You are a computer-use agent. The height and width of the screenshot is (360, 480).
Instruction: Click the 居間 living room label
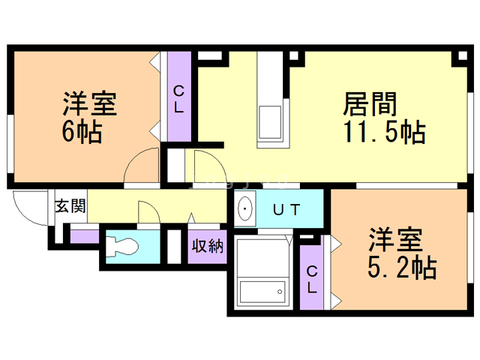pyautogui.click(x=370, y=104)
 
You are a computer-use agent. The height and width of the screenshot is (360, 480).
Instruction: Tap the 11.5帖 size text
pyautogui.click(x=385, y=132)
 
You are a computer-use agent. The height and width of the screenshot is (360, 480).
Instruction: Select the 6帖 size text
pyautogui.click(x=82, y=132)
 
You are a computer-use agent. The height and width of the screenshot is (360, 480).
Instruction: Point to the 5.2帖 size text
pyautogui.click(x=402, y=267)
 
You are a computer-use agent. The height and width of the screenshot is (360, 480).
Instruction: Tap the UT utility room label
pyautogui.click(x=286, y=210)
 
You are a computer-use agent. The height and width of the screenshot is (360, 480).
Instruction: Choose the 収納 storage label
pyautogui.click(x=208, y=246)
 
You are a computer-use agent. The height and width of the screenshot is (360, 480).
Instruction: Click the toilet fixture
pyautogui.click(x=121, y=247)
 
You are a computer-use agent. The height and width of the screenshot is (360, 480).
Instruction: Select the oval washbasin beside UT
pyautogui.click(x=245, y=208)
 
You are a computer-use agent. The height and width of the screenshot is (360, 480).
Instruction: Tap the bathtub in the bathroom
pyautogui.click(x=262, y=292)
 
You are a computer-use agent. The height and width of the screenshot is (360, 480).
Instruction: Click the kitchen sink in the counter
pyautogui.click(x=270, y=122)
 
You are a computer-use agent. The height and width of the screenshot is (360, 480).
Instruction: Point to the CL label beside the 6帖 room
pyautogui.click(x=178, y=99)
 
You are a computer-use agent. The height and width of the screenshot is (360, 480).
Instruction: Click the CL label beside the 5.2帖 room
pyautogui.click(x=312, y=279)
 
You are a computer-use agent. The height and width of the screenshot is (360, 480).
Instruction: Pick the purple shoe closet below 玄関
pyautogui.click(x=85, y=237)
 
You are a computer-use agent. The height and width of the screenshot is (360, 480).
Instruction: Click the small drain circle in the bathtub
pyautogui.click(x=280, y=292)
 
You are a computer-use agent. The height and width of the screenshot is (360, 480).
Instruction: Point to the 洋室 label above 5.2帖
pyautogui.click(x=396, y=240)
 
